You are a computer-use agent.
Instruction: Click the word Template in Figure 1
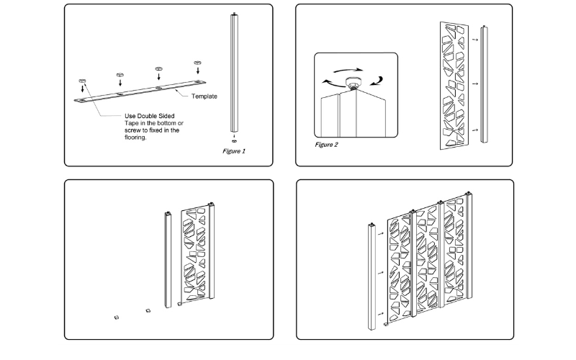(x=204, y=96)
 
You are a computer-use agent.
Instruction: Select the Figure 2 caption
(x=326, y=145)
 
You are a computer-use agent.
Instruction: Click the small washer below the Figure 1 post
(x=235, y=140)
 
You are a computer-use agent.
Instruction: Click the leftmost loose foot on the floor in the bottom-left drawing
(x=115, y=316)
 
